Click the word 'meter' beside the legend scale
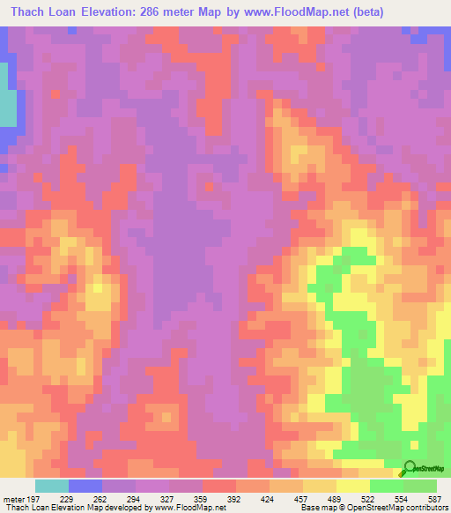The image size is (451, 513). pyautogui.click(x=13, y=498)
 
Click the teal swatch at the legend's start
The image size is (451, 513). pyautogui.click(x=51, y=486)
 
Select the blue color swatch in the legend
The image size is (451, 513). pyautogui.click(x=85, y=486)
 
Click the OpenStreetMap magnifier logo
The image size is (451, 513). pyautogui.click(x=410, y=468)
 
